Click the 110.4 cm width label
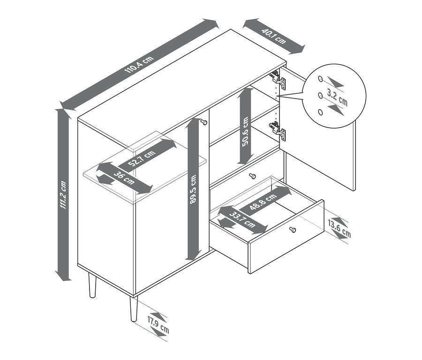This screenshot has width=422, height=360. tap(139, 65)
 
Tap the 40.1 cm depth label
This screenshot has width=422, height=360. tap(274, 36)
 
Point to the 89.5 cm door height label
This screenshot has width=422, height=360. tap(194, 190)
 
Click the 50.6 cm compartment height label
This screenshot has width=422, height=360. tap(245, 131)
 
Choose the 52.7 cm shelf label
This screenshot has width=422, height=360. tap(142, 159)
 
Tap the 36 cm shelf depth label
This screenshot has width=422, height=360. tap(124, 177)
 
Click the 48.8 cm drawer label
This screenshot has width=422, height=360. tap(263, 201)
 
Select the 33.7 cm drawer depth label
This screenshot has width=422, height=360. tap(242, 219)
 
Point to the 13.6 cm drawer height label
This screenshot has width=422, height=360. tap(339, 229)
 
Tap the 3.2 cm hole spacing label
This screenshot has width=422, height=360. tap(338, 97)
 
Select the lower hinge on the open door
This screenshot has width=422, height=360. tap(278, 131)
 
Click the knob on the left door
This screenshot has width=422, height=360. tap(204, 123)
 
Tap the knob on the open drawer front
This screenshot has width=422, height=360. tap(292, 230)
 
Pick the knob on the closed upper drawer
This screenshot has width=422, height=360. tap(252, 176)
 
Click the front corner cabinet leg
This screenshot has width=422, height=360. tap(134, 309)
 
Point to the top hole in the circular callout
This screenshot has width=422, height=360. tap(320, 79)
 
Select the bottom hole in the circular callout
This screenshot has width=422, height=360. tap(320, 112)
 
